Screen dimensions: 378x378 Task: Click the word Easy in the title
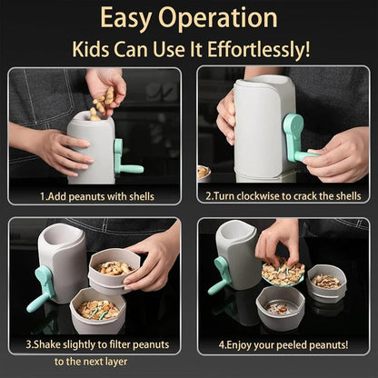130,18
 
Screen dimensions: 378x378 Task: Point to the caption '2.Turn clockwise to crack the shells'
283,195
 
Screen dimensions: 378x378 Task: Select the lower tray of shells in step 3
97,311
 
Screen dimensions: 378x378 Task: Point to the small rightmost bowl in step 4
326,283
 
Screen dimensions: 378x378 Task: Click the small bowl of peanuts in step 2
204,172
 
